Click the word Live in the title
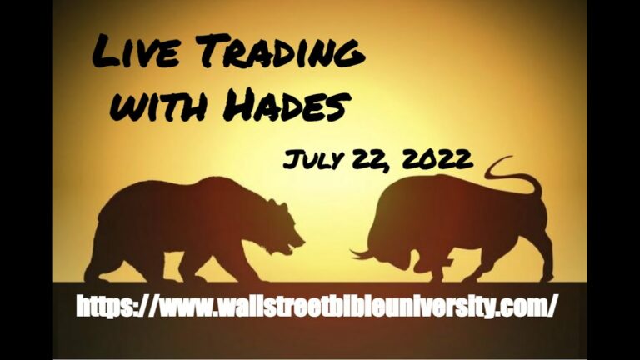(x=136, y=52)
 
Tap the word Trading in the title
(x=280, y=51)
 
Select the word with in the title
(x=158, y=105)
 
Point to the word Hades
(x=287, y=104)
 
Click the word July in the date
(x=314, y=160)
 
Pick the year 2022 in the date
(x=437, y=159)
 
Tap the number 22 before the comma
(x=370, y=160)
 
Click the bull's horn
(x=362, y=255)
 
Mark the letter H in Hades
(x=239, y=105)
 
